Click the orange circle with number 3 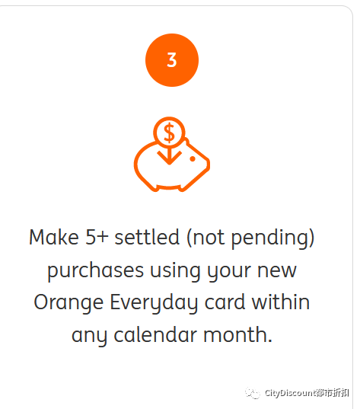[x=172, y=60]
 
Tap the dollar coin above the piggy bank [x=169, y=133]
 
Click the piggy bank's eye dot [x=193, y=159]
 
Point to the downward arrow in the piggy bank [x=169, y=156]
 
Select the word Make [x=54, y=237]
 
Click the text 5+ [x=97, y=237]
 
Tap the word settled [x=147, y=237]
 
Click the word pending [x=270, y=239]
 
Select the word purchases [x=95, y=270]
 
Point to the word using [x=175, y=272]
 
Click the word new [x=277, y=271]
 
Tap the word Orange [x=68, y=304]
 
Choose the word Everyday [x=154, y=303]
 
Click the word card [x=225, y=302]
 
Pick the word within [x=281, y=302]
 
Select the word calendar [x=155, y=335]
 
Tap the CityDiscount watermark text [x=307, y=392]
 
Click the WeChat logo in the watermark [x=253, y=393]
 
